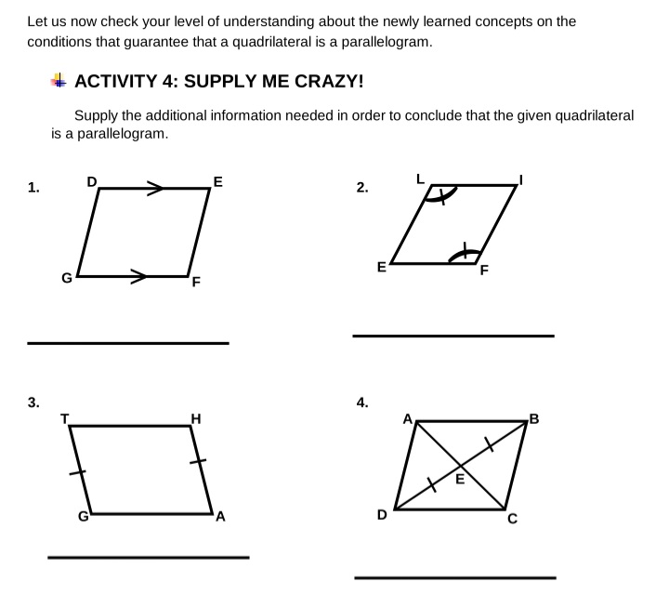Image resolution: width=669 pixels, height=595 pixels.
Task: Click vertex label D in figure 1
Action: [92, 182]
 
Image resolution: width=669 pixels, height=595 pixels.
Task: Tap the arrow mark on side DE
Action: [155, 188]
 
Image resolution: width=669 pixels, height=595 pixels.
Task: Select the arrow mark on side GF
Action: [138, 276]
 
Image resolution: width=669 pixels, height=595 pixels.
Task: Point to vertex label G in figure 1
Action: [67, 278]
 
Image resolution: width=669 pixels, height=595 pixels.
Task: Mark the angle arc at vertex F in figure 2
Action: [464, 254]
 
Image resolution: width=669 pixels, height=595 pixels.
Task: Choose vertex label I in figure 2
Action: [520, 180]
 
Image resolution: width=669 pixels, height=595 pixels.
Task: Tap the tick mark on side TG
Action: [77, 472]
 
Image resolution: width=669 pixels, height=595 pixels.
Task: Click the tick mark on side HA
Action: [198, 461]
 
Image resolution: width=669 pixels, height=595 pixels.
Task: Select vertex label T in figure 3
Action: [64, 418]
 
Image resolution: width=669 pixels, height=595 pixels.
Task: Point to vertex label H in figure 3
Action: [196, 418]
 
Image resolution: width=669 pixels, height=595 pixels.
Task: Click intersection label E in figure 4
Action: [460, 480]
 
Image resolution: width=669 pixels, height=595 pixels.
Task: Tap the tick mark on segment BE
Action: [489, 444]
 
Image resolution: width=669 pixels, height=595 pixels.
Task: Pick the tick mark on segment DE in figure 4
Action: [432, 484]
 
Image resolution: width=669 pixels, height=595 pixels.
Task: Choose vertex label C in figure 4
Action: [512, 519]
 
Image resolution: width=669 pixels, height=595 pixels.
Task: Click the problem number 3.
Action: [33, 402]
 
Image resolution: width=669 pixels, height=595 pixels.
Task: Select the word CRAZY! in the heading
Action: [329, 81]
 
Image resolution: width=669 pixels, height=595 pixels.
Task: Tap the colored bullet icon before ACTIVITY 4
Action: [59, 80]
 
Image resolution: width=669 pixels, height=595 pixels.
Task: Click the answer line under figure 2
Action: [453, 336]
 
